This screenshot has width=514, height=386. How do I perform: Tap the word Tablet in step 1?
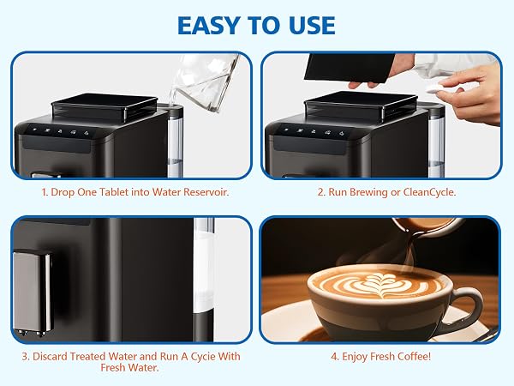coord(113,192)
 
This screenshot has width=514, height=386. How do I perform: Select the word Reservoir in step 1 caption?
coord(206,192)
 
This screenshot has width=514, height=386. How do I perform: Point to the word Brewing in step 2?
coord(368,192)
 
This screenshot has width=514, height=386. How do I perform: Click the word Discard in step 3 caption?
coord(50,357)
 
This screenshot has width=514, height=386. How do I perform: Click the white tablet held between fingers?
coord(433,87)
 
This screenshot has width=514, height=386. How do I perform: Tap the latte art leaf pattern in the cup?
coord(379,284)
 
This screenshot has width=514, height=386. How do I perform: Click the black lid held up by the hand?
coord(350,68)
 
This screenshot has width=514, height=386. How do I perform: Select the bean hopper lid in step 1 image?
coord(105,106)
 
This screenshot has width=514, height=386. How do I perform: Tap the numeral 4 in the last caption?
coord(334,357)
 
